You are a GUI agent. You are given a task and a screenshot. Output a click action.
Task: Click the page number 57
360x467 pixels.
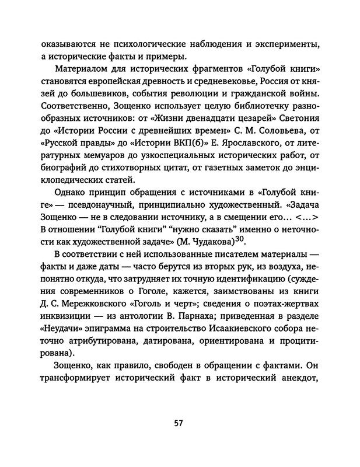click(x=179, y=423)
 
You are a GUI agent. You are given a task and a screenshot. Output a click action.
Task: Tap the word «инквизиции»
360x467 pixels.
click(x=66, y=318)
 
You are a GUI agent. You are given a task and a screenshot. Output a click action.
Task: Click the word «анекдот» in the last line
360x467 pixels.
click(x=295, y=394)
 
